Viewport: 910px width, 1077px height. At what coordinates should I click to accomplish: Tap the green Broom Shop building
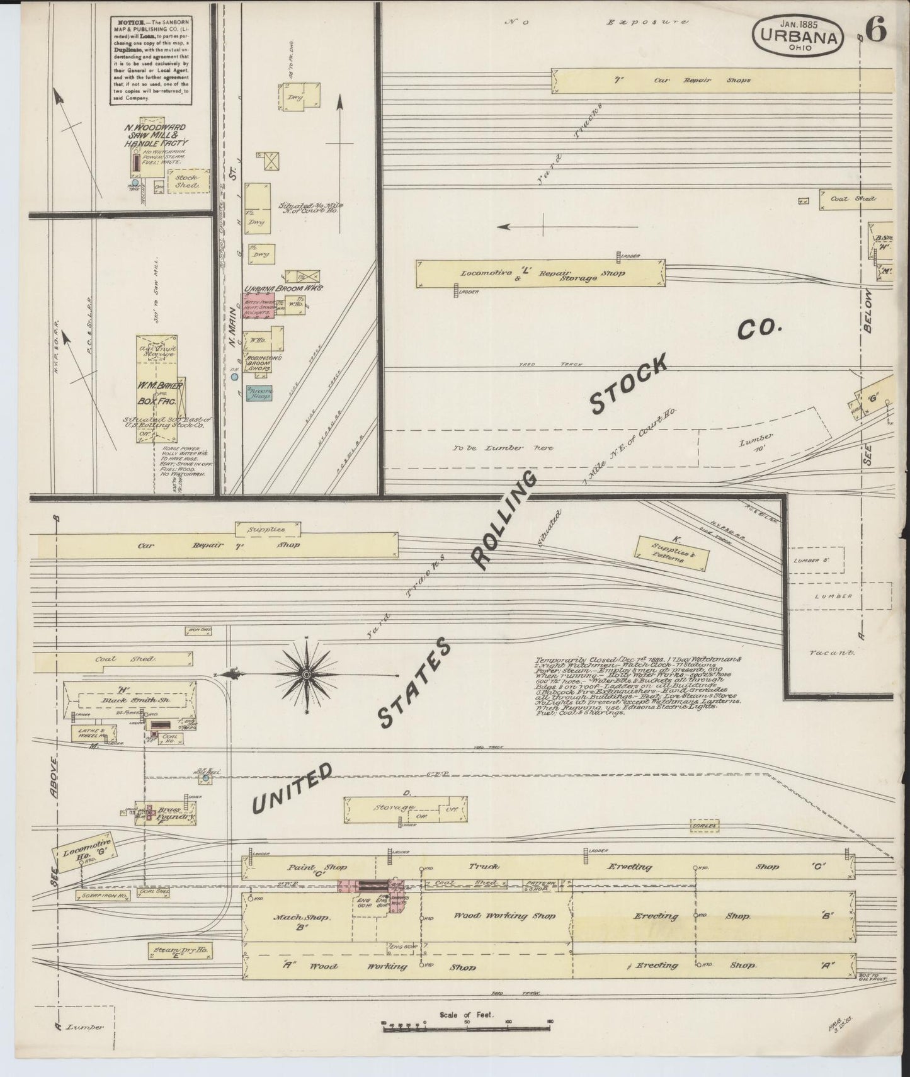[x=259, y=394]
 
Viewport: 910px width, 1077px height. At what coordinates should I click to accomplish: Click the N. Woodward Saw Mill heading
[x=155, y=135]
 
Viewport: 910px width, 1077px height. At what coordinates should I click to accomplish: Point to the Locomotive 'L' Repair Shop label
[x=542, y=273]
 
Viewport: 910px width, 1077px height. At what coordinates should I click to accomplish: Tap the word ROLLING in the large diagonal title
[x=504, y=520]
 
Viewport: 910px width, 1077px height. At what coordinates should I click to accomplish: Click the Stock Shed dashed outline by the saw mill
[x=187, y=181]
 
